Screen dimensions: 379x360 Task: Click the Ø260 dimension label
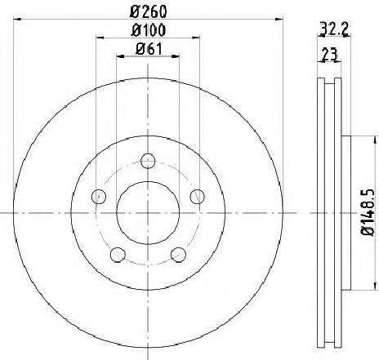(148, 11)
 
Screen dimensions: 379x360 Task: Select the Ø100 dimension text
(148, 30)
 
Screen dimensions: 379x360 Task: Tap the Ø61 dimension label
(149, 49)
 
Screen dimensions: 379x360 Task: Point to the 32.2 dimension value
(334, 29)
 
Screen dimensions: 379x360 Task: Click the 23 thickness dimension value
(329, 54)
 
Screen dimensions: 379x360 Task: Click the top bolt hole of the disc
(148, 161)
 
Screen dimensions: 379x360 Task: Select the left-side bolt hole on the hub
(99, 197)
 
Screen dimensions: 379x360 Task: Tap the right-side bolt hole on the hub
(197, 197)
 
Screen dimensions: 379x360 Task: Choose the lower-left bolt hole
(118, 255)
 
